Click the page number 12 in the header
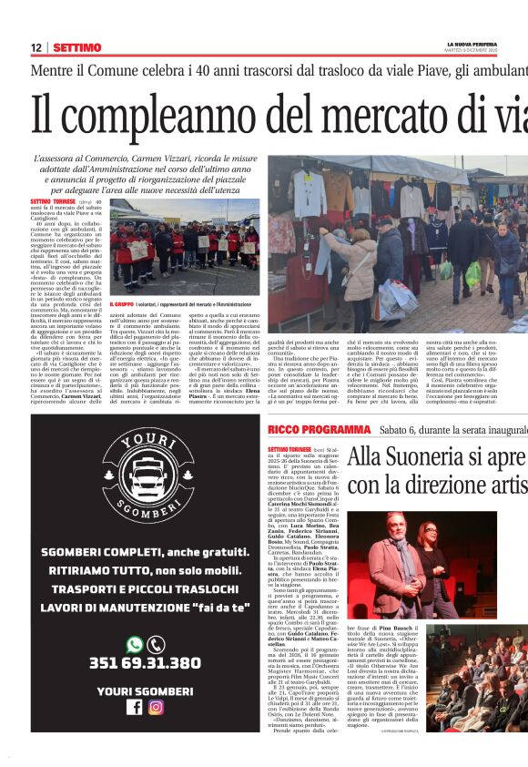(x=36, y=47)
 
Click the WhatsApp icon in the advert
(x=135, y=644)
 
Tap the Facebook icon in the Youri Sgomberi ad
(x=135, y=706)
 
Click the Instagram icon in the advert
(x=156, y=706)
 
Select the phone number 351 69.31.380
(x=146, y=663)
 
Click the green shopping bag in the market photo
(x=447, y=270)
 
